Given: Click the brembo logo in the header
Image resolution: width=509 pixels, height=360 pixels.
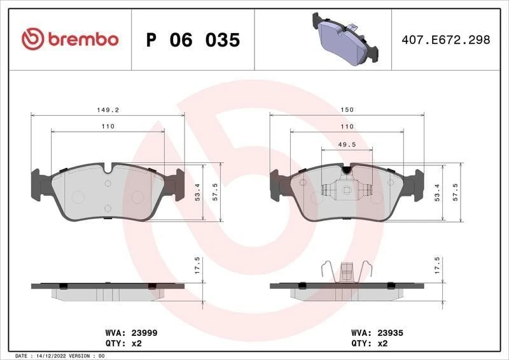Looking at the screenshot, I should [x=70, y=39].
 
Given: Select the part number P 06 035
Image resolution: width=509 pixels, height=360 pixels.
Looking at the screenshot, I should [x=193, y=40].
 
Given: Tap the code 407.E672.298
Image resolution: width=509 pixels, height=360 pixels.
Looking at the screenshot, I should [x=446, y=40].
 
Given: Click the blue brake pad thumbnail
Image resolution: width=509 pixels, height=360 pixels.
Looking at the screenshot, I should [x=343, y=40].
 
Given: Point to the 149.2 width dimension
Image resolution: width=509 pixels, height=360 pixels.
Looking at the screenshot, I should [x=108, y=109].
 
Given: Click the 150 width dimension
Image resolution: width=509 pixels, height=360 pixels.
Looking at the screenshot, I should [x=347, y=109].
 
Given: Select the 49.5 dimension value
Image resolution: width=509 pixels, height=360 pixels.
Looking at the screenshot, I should [x=347, y=144].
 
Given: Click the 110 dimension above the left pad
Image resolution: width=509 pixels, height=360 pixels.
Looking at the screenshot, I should [x=108, y=127].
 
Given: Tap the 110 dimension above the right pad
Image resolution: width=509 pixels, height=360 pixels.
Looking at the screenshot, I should [x=347, y=127].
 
